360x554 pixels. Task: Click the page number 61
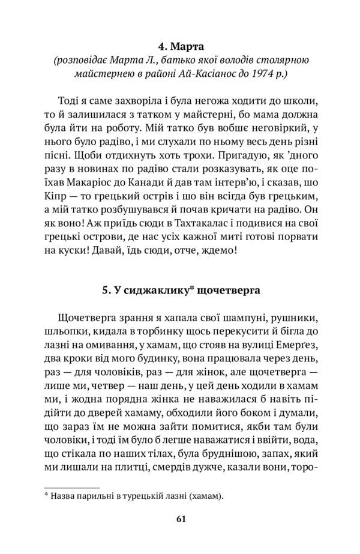click(181, 519)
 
